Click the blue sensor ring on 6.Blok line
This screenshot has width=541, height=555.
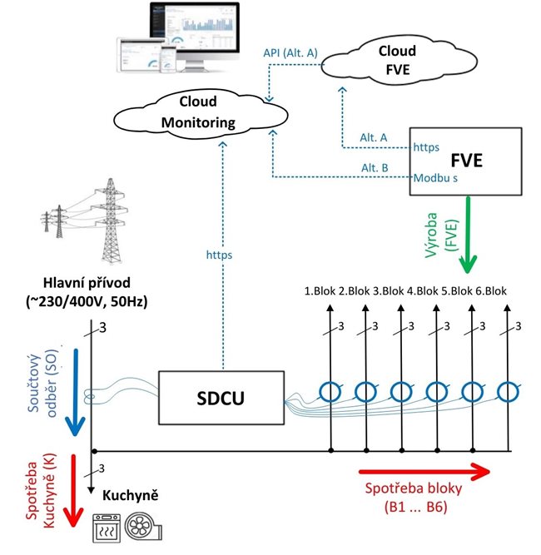[x=507, y=391]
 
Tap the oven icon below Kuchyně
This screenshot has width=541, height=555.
[x=106, y=527]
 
